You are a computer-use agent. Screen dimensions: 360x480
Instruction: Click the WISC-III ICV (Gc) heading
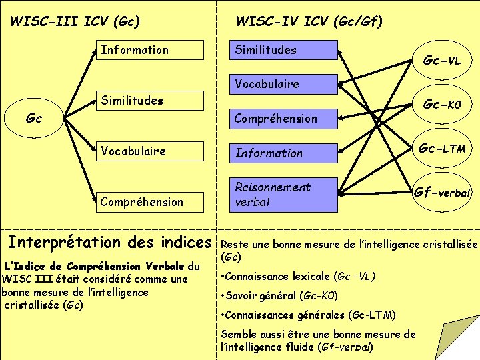(75, 21)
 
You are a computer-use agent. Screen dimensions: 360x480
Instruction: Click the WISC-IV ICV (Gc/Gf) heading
(309, 21)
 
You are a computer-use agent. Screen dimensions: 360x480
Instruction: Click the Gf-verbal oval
(442, 193)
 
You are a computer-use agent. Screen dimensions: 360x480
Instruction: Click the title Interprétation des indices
(109, 241)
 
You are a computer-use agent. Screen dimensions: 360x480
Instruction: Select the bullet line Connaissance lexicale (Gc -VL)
(298, 276)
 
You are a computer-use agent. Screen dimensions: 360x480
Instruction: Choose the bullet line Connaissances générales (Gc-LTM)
(309, 315)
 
